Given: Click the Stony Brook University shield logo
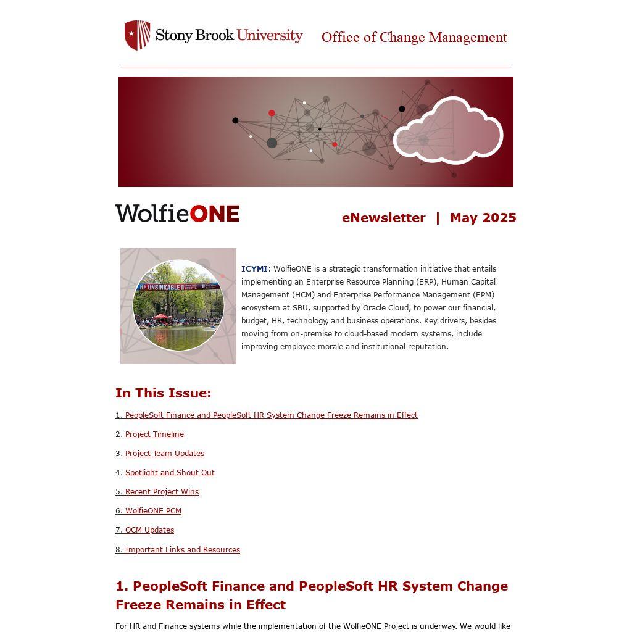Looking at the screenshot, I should tap(137, 35).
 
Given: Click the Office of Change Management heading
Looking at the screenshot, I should tap(414, 38).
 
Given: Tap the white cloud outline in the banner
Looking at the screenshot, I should tap(448, 131).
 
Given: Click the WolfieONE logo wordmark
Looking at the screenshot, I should tap(177, 214).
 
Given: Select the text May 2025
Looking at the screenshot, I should tap(483, 218).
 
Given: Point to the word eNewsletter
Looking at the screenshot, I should tap(383, 218).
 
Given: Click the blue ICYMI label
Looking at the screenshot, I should tap(254, 269).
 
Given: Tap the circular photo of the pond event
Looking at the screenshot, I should tap(178, 306).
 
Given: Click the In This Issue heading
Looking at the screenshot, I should tap(163, 393).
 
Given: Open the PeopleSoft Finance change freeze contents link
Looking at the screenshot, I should tap(267, 415).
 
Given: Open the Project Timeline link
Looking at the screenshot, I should tap(149, 434).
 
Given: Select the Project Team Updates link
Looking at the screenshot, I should tap(160, 454).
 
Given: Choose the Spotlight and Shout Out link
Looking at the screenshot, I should tap(165, 473).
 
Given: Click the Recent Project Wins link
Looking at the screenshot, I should tap(157, 492).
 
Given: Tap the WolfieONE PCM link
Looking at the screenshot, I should tap(148, 511).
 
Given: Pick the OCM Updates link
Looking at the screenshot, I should tap(144, 530).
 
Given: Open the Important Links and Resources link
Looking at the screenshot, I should tap(178, 550).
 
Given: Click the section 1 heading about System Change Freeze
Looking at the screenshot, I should tap(312, 595).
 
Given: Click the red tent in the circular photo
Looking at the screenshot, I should tap(160, 317).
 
